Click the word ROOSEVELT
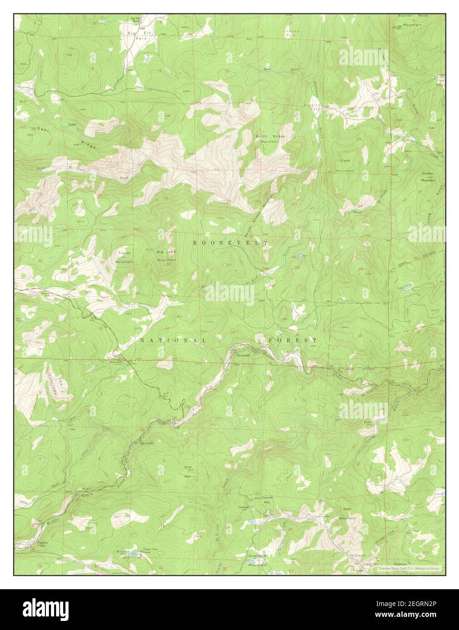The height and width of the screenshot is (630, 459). pyautogui.click(x=230, y=243)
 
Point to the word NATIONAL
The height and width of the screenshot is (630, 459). pyautogui.click(x=173, y=340)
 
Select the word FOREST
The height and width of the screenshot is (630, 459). pyautogui.click(x=292, y=340)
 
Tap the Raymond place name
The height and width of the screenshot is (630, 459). pyautogui.click(x=147, y=442)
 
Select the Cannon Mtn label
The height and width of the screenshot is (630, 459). pyautogui.click(x=267, y=500)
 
